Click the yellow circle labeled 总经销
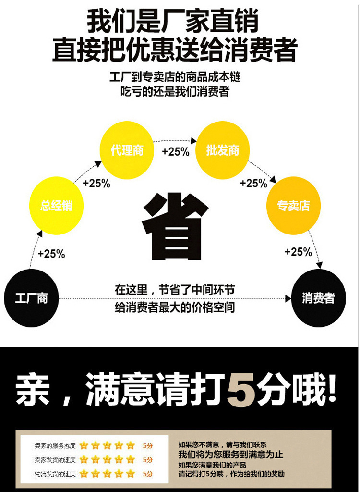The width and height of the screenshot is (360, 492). [57, 206]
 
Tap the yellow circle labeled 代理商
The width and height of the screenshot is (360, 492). [127, 150]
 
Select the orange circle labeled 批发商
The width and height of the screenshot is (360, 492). [223, 150]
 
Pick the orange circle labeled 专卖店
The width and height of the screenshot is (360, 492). [293, 206]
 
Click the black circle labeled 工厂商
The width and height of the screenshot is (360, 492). [31, 298]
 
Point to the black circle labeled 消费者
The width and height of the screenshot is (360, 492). [318, 298]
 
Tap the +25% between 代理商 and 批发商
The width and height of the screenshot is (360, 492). [176, 152]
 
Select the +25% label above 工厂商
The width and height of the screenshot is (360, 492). [51, 254]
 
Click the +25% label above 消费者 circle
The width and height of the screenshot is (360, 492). [298, 252]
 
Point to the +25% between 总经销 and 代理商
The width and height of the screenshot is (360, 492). [96, 183]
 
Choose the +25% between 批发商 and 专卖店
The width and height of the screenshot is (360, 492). [253, 183]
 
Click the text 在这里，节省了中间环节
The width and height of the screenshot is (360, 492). [175, 290]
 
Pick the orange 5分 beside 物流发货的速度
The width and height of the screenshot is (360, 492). [148, 474]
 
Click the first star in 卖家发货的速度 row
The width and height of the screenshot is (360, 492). [84, 460]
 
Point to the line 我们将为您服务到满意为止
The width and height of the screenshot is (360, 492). [230, 455]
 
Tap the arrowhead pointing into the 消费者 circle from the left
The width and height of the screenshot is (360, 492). [288, 298]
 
